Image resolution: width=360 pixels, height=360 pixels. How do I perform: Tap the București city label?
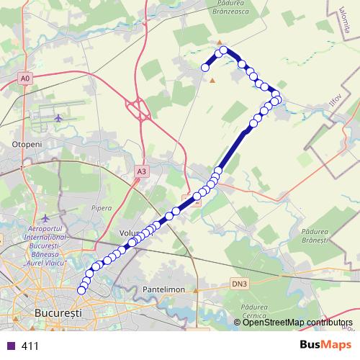[58, 314]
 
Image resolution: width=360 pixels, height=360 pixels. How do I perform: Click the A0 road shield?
[26, 77]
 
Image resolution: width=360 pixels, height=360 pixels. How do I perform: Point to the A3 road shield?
[141, 171]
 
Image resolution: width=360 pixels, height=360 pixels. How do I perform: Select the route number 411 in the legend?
[30, 346]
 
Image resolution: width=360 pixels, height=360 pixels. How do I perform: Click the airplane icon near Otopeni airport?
[58, 117]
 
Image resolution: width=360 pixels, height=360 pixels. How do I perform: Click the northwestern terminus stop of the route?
[205, 67]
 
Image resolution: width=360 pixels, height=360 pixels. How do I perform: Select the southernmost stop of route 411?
[81, 290]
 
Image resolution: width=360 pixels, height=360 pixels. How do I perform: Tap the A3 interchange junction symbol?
[139, 109]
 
